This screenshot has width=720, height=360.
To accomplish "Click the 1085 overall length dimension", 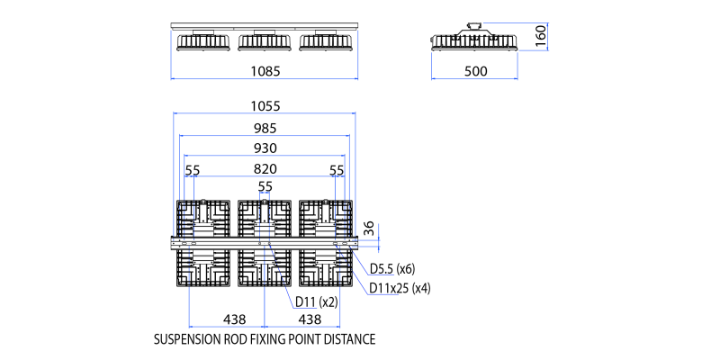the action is pos(265,71).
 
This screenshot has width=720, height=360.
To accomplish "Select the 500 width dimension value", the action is pos(476,71).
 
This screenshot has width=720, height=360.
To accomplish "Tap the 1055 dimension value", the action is pos(265,106).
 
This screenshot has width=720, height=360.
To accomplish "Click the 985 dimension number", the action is pos(265,129).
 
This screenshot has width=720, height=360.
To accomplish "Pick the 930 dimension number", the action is pos(265,148).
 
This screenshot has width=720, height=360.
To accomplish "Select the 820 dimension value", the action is pos(265,169).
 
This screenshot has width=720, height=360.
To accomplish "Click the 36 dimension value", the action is pos(370,229).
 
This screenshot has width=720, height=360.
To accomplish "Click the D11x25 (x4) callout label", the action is pos(400,288).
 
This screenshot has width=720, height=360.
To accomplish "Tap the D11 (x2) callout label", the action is pos(317,301).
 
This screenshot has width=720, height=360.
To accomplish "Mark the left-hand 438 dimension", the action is pos(235,319).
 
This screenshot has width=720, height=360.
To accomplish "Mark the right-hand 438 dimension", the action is pos(310,319).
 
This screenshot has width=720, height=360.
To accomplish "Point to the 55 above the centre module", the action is pos(265,187).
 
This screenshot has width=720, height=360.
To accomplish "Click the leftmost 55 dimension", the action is pos(193,170).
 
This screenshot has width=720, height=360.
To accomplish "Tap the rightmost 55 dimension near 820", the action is pos(337,170).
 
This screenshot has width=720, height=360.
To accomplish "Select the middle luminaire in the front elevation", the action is pos(265,40).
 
